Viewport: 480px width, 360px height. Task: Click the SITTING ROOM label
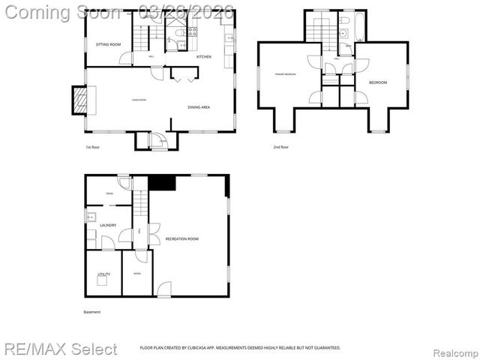pos(108,45)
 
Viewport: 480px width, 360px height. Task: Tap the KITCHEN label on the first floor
pos(203,57)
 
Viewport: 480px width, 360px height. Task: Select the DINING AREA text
pos(199,107)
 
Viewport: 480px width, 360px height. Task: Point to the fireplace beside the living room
pos(79,100)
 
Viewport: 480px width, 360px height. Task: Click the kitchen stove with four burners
pos(191,31)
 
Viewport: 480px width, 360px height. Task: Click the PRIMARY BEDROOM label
pos(284,74)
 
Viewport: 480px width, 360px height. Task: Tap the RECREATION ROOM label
pos(181,238)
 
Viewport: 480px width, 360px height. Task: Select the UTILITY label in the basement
pos(103,274)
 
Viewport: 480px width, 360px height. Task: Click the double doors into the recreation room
pos(153,234)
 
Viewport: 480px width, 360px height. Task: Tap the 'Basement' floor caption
pos(91,312)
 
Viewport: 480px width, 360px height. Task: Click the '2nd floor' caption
pos(280,147)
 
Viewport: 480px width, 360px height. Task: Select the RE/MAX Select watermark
pos(61,349)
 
